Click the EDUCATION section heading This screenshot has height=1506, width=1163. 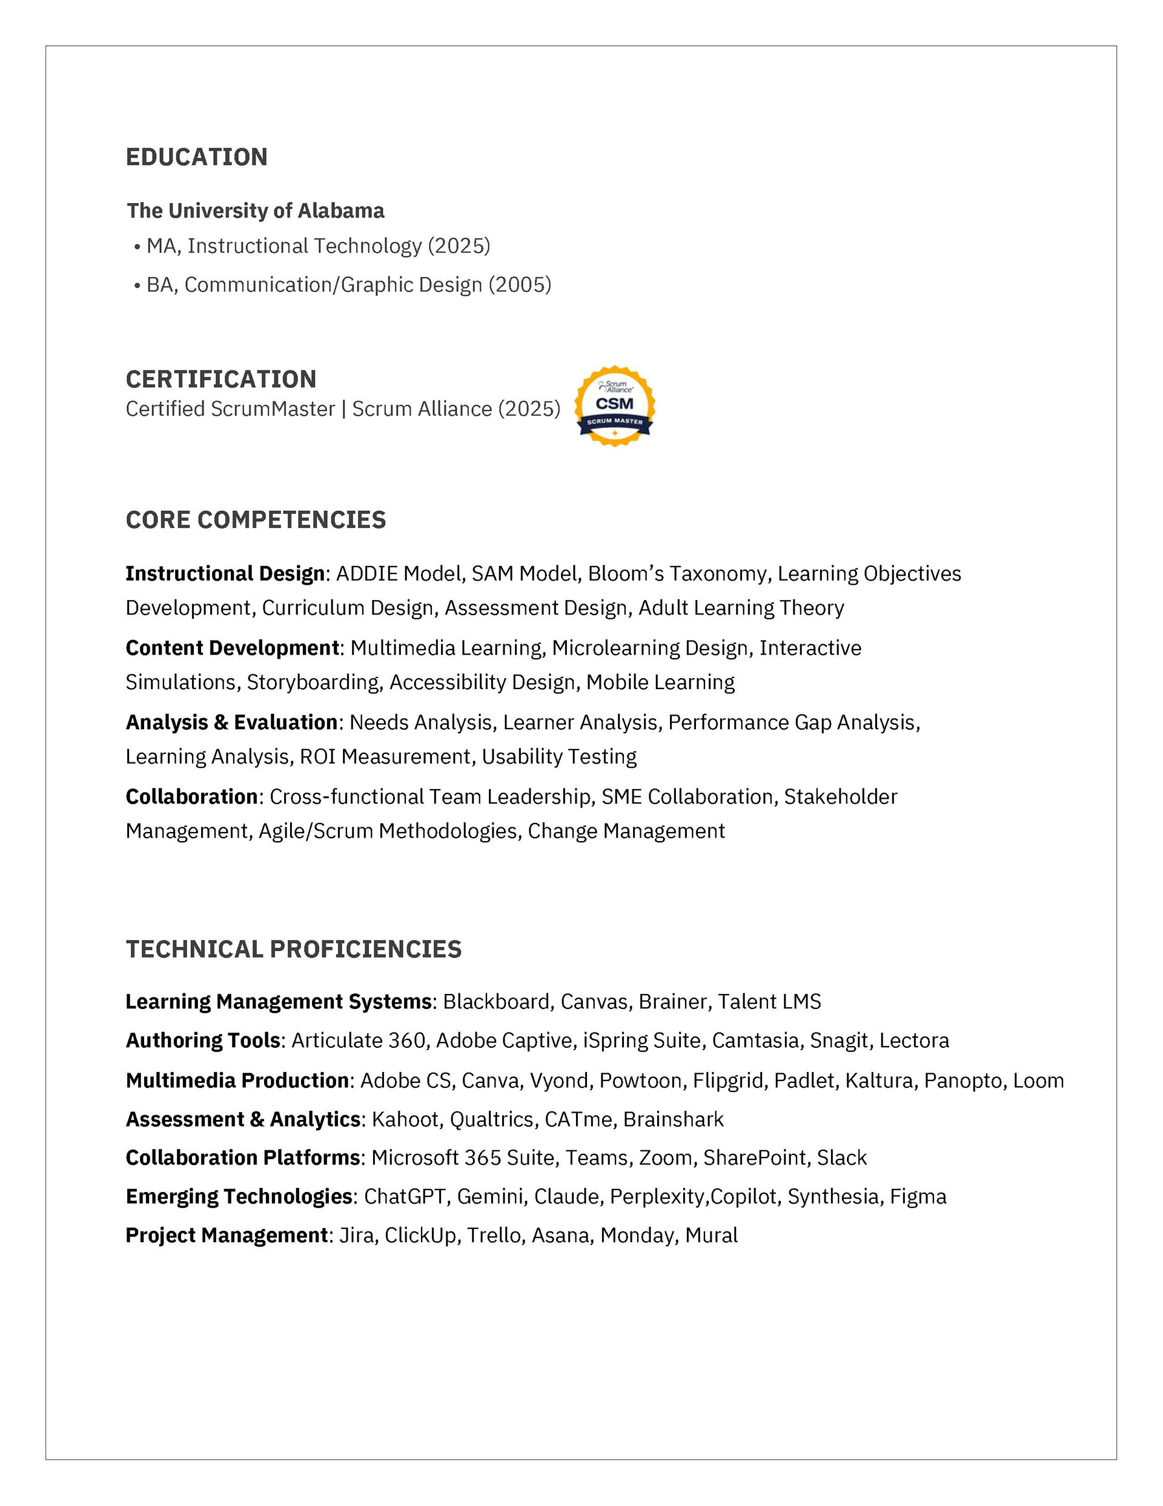click(196, 157)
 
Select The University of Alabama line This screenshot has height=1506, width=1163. click(255, 210)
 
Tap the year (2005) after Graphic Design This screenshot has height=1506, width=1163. click(520, 285)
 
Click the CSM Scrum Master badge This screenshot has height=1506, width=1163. click(614, 406)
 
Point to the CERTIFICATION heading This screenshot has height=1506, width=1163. click(220, 379)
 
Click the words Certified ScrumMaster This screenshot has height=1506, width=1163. click(230, 409)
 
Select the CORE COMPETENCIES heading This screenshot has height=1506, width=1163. click(256, 520)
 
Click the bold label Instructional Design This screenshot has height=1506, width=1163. click(225, 574)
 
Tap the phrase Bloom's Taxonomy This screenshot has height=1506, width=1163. click(677, 574)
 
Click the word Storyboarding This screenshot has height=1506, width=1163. click(313, 682)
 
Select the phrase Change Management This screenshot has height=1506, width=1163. click(626, 831)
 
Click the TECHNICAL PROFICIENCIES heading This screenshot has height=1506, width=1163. click(294, 950)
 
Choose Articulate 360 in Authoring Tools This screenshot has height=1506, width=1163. click(358, 1041)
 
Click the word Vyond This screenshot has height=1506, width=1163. click(558, 1081)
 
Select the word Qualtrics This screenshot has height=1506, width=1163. click(491, 1119)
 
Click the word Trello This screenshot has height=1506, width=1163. click(494, 1235)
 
